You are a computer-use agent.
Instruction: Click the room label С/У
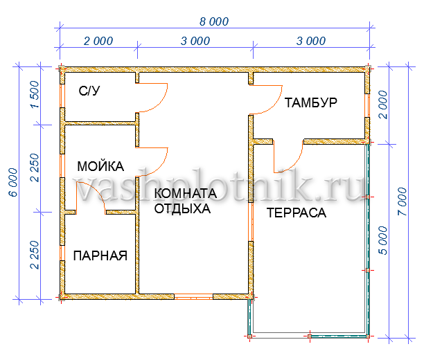[x=89, y=91]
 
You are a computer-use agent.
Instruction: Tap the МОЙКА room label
[x=100, y=166]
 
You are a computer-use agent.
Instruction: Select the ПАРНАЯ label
[x=100, y=255]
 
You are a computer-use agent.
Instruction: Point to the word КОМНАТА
[x=185, y=193]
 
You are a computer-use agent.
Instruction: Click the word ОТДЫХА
[x=182, y=208]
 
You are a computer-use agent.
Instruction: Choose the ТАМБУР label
[x=310, y=102]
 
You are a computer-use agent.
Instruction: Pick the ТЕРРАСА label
[x=297, y=213]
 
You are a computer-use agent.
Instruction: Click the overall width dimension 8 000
[x=214, y=21]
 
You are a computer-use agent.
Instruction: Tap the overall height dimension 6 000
[x=14, y=183]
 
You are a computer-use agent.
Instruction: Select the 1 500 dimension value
[x=35, y=95]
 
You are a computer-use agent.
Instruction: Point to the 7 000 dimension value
[x=403, y=201]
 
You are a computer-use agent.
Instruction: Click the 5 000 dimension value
[x=383, y=240]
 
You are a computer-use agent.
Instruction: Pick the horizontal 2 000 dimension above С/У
[x=98, y=41]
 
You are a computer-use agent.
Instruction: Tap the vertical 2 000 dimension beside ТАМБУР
[x=383, y=105]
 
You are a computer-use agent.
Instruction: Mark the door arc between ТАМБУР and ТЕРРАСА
[x=294, y=165]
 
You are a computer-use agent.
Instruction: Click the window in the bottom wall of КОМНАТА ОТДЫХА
[x=193, y=297]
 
